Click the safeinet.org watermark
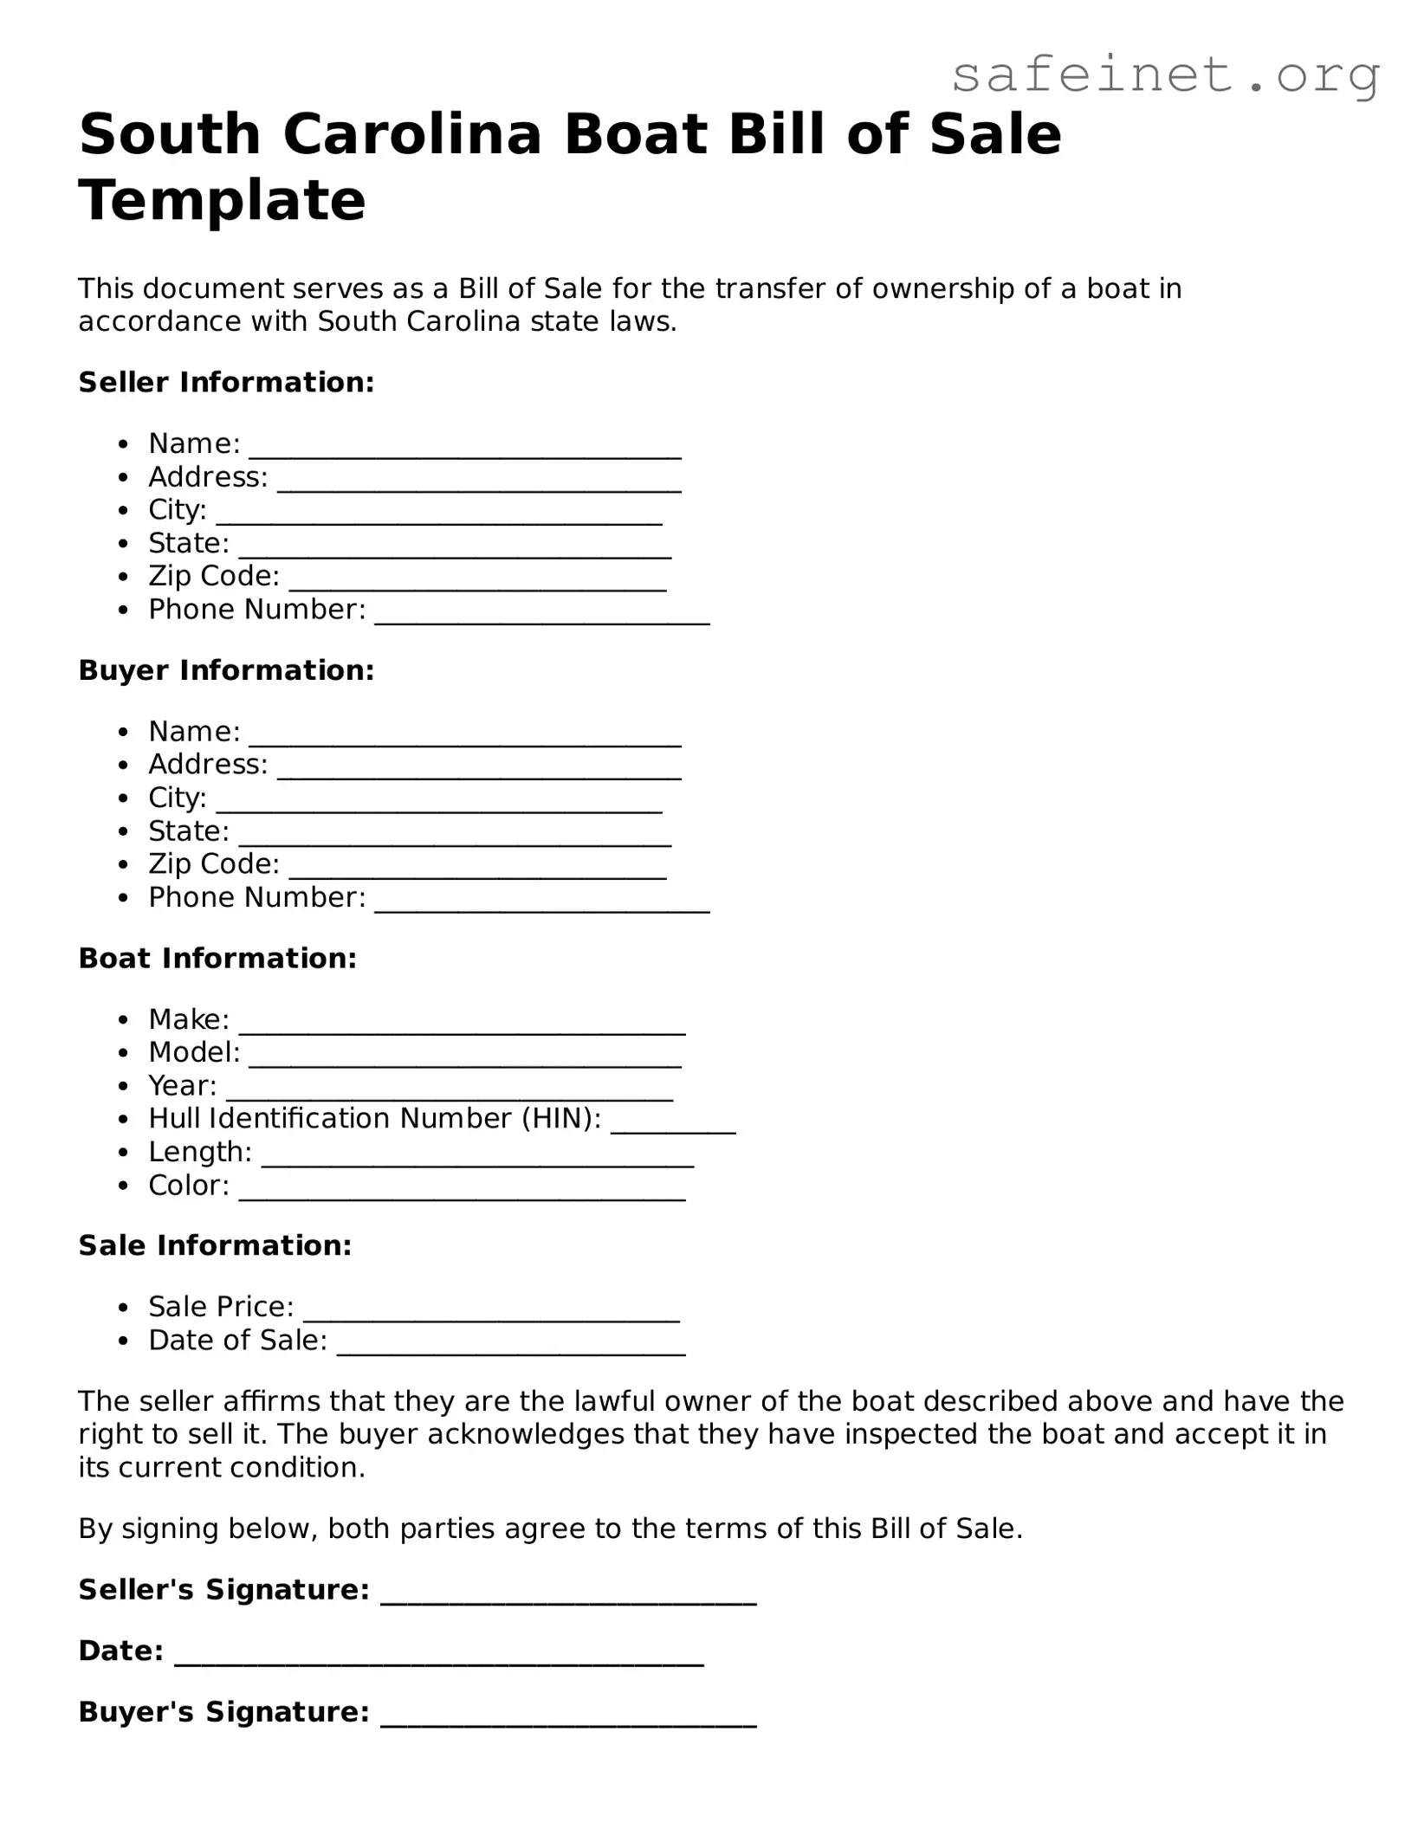[1165, 76]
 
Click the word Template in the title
[222, 200]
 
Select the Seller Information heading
[226, 382]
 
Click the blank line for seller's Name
[465, 449]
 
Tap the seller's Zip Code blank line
[477, 582]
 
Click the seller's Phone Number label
[256, 610]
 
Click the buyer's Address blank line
[479, 771]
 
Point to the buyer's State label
[188, 831]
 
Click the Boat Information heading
[217, 958]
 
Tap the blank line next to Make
[462, 1025]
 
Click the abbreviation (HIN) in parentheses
[561, 1119]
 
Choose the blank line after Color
[462, 1192]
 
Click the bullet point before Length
[125, 1154]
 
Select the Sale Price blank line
[491, 1313]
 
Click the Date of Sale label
[237, 1341]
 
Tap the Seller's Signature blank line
[568, 1597]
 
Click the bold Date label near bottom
[120, 1651]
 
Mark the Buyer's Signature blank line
[568, 1719]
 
